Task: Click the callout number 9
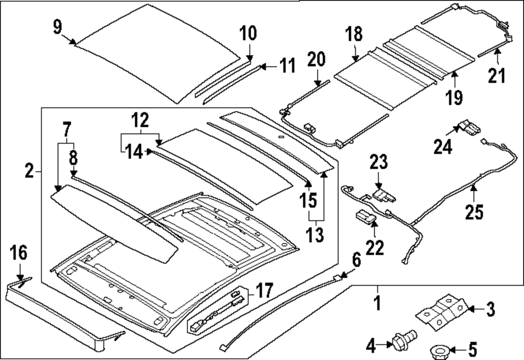point(57,26)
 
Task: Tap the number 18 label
point(354,36)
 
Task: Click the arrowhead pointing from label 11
point(263,66)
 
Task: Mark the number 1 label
point(376,303)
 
